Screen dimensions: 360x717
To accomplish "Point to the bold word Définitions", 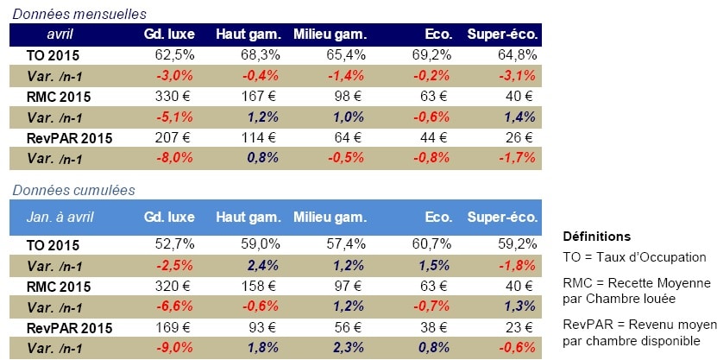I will (596, 237).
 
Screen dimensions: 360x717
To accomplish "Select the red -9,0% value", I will (176, 348).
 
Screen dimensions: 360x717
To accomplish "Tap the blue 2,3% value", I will (350, 348).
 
